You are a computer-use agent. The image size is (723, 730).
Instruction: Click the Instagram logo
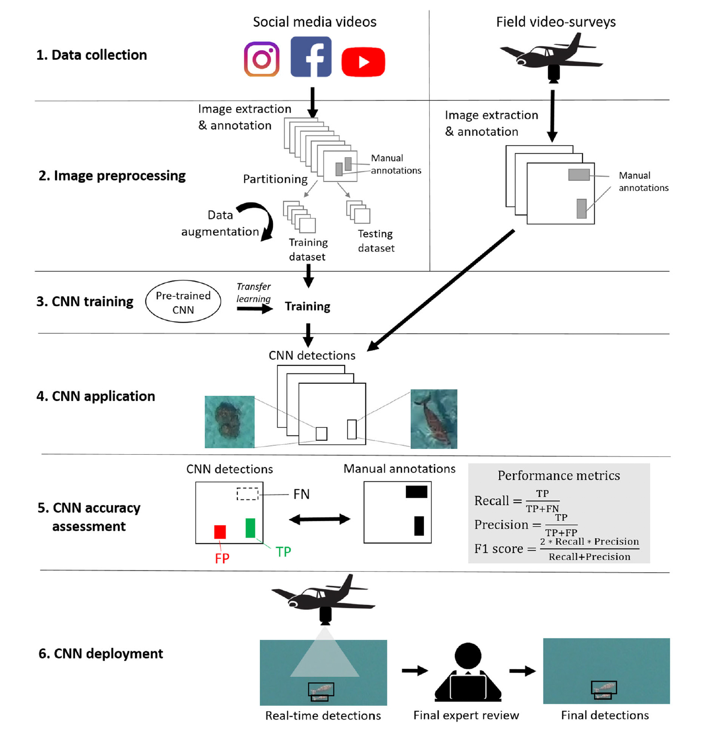tap(262, 59)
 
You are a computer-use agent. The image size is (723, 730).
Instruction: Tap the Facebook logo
tap(311, 56)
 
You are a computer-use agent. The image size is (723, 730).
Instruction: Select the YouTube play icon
tap(363, 62)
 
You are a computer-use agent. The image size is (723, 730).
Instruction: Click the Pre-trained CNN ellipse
tap(183, 302)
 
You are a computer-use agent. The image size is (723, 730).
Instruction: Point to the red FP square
tap(220, 532)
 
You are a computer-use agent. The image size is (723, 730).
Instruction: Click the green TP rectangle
tap(250, 528)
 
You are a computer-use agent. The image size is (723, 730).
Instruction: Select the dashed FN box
tap(247, 494)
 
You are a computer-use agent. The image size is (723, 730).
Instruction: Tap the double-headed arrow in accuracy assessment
tap(320, 519)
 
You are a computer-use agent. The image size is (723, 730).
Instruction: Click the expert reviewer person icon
tap(468, 672)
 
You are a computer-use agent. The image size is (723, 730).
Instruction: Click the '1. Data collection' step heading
tap(91, 55)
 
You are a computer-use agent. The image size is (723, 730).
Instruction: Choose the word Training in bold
tap(307, 307)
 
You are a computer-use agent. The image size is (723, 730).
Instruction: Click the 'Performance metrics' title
tap(559, 476)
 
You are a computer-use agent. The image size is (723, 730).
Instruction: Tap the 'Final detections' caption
tap(605, 716)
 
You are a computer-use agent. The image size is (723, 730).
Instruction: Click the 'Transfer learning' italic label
tap(253, 293)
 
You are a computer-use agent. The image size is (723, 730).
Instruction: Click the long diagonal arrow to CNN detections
tap(441, 290)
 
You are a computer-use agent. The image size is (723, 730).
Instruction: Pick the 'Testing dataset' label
tap(376, 241)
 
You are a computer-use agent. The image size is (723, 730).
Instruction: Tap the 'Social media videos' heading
tap(314, 22)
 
